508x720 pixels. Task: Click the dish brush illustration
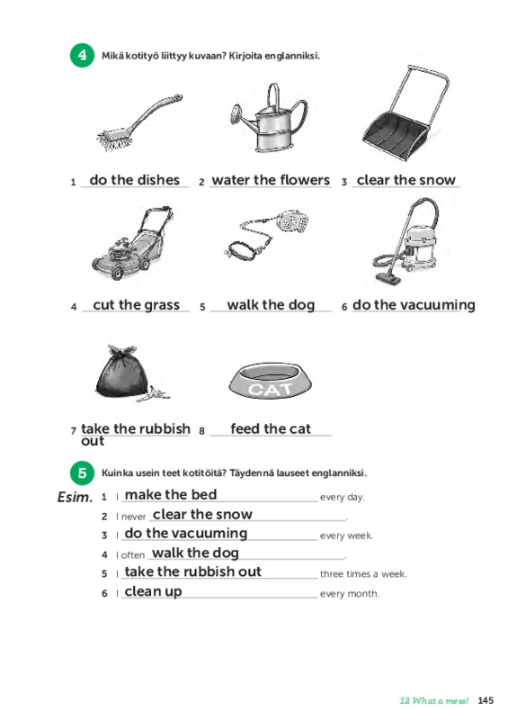pyautogui.click(x=138, y=121)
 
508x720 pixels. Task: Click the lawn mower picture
pyautogui.click(x=133, y=242)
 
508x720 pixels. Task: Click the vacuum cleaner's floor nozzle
pyautogui.click(x=388, y=278)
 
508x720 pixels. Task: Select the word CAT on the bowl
pyautogui.click(x=270, y=389)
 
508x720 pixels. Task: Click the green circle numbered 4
pyautogui.click(x=82, y=56)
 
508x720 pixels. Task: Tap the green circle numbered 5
pyautogui.click(x=82, y=473)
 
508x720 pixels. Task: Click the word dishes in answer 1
pyautogui.click(x=157, y=180)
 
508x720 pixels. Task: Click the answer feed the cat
pyautogui.click(x=271, y=429)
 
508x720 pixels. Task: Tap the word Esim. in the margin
pyautogui.click(x=75, y=498)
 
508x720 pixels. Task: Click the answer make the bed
pyautogui.click(x=171, y=494)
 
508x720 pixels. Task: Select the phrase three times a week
pyautogui.click(x=363, y=574)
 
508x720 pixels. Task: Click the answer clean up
pyautogui.click(x=153, y=591)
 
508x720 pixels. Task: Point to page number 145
pyautogui.click(x=486, y=700)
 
